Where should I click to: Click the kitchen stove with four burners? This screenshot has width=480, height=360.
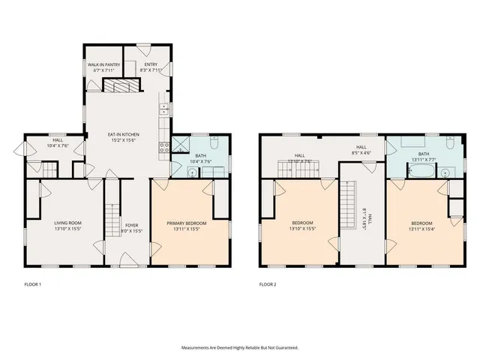coord(163,147)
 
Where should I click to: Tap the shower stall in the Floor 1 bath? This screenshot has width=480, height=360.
coord(181,144)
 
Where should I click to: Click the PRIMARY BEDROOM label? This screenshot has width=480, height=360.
coord(186,223)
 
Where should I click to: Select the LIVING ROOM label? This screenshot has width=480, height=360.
coord(67,223)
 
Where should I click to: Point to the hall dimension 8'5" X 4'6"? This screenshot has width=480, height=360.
coord(361,153)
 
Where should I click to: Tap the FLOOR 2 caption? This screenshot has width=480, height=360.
coord(268,285)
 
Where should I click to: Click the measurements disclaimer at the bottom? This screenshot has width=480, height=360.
coord(239,347)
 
